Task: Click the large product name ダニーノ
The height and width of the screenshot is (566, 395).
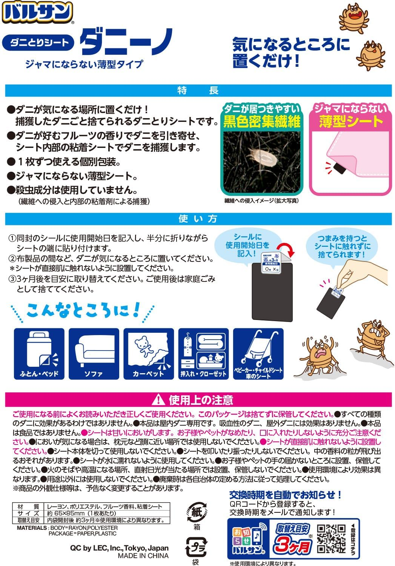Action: coord(126,42)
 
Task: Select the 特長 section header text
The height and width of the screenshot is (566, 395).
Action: coord(198,91)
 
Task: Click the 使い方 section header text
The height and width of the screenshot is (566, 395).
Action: coord(198,219)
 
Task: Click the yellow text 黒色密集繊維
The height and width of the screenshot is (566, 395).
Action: coord(262,122)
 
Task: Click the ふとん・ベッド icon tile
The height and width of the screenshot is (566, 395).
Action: coord(39,354)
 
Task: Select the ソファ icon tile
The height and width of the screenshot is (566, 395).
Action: coord(94,354)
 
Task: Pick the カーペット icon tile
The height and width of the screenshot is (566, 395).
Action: coord(148,354)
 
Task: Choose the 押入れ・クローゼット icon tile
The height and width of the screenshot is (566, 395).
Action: coord(203,354)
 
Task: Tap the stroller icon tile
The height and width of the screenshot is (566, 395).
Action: coord(258,354)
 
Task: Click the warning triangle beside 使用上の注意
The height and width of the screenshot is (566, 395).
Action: coord(160,399)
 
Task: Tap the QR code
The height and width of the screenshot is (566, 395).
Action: coord(331,538)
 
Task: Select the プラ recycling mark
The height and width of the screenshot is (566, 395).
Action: coord(195,546)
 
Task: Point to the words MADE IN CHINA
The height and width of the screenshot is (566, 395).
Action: coord(143,556)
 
